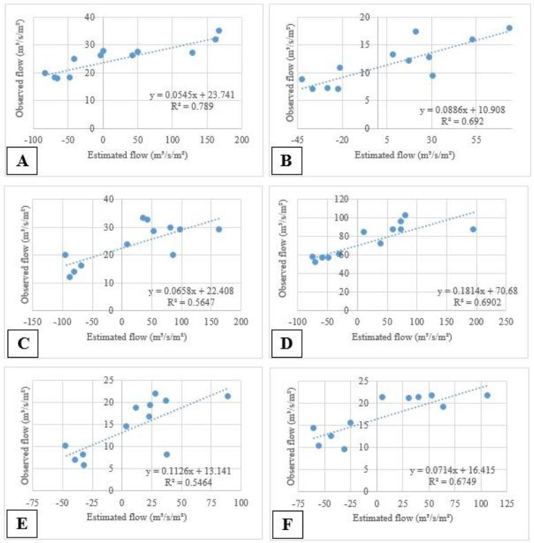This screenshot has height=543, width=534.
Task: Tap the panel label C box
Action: pos(23,343)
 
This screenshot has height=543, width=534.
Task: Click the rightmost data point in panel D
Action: pos(473,229)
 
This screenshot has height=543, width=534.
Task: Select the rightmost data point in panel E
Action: pos(227,396)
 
